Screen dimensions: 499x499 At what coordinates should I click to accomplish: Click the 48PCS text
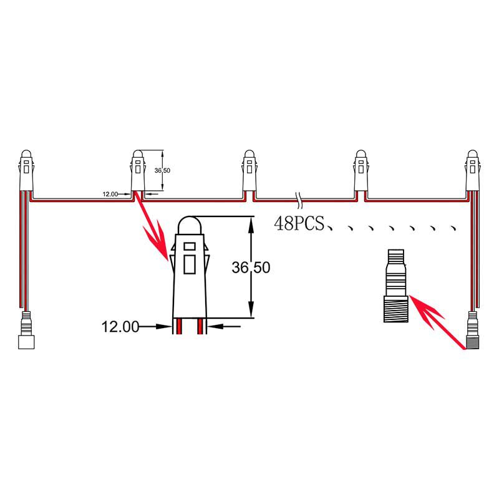299,223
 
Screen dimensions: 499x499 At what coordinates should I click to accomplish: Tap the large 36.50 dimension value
251,268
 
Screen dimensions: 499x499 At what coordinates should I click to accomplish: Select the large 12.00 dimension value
120,327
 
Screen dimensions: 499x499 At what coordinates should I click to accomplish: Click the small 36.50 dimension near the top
162,170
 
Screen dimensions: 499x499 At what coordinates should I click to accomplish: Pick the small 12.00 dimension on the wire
110,194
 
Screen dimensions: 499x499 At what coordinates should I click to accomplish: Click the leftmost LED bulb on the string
26,170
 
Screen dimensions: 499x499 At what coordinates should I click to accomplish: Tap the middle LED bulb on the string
249,170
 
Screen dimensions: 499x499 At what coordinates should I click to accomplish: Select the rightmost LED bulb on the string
473,170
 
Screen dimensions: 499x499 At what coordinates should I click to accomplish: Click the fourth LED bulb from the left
361,170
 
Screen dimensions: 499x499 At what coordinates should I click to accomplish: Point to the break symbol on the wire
299,200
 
